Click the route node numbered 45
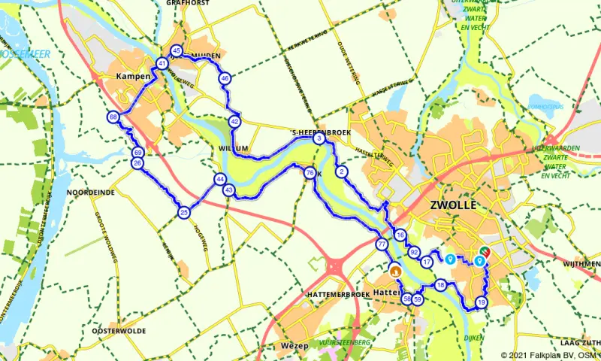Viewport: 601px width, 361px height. point(177,51)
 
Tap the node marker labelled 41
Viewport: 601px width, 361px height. point(162,64)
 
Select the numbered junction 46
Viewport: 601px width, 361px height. point(224,78)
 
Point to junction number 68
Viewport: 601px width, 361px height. point(113,117)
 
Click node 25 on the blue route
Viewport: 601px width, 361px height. point(184,213)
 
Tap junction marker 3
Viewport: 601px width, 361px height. point(319,138)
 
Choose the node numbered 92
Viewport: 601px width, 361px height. point(414,252)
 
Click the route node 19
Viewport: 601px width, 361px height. point(481,302)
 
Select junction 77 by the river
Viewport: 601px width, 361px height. point(382,244)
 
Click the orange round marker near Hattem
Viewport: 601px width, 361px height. point(394,269)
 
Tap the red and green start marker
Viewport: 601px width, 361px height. point(485,252)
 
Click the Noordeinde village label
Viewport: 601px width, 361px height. point(90,193)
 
